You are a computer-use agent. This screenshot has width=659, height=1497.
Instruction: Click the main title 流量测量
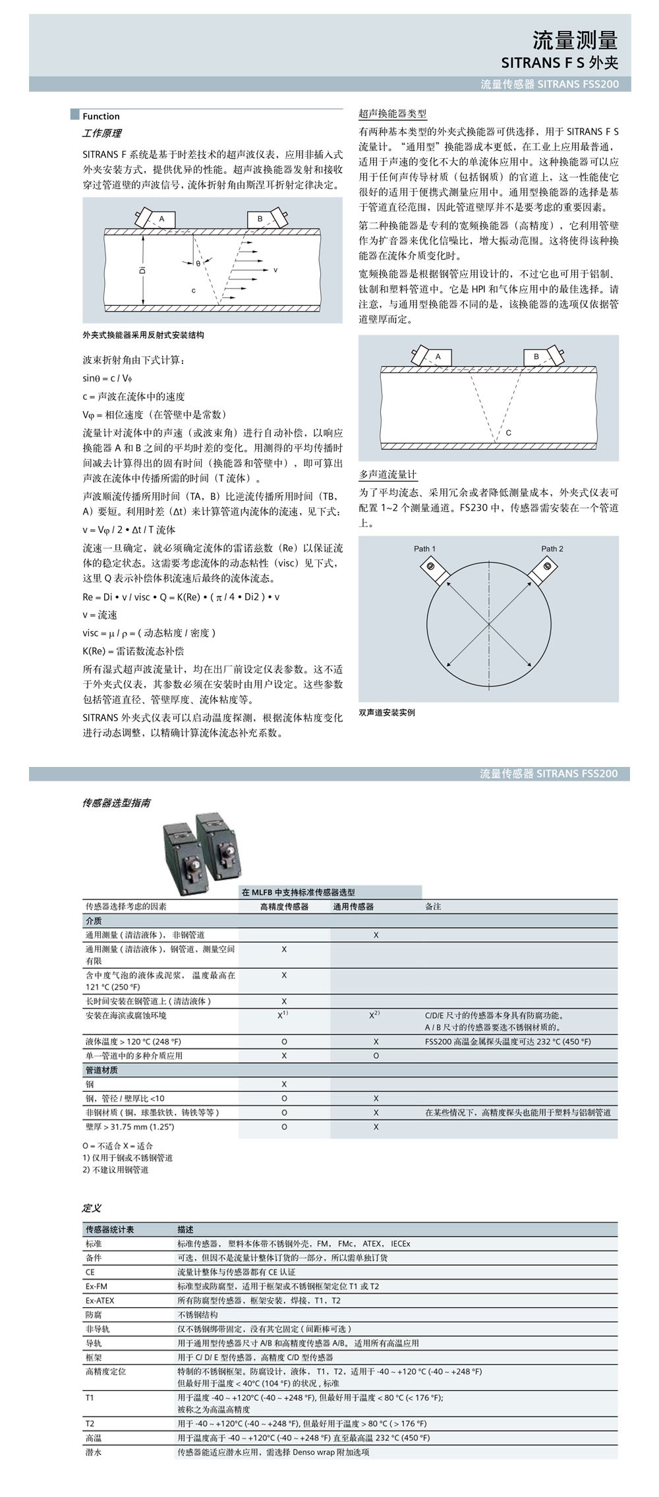tap(575, 41)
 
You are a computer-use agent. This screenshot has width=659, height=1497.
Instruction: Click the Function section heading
tap(101, 117)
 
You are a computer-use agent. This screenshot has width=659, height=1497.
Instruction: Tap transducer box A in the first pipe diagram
tap(161, 218)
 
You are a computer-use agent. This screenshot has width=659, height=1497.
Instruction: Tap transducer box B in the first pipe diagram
tap(260, 218)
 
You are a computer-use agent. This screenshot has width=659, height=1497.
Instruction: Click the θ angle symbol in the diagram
tap(198, 264)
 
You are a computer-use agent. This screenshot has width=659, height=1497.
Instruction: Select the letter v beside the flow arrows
tap(275, 270)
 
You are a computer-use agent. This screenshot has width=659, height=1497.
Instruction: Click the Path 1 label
tap(424, 549)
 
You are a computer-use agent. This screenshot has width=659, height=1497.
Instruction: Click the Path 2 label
tap(552, 549)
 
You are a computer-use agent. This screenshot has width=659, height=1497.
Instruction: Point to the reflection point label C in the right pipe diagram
tap(509, 433)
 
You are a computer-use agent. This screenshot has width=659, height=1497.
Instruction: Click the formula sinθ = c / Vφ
tap(107, 378)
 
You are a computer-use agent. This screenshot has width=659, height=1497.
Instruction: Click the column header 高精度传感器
tap(284, 907)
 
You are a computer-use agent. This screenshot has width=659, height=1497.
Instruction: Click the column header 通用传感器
tap(353, 907)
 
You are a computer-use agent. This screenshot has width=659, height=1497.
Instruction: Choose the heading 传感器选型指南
tap(116, 803)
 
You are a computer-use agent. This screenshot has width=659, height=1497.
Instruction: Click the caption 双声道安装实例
tap(387, 712)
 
